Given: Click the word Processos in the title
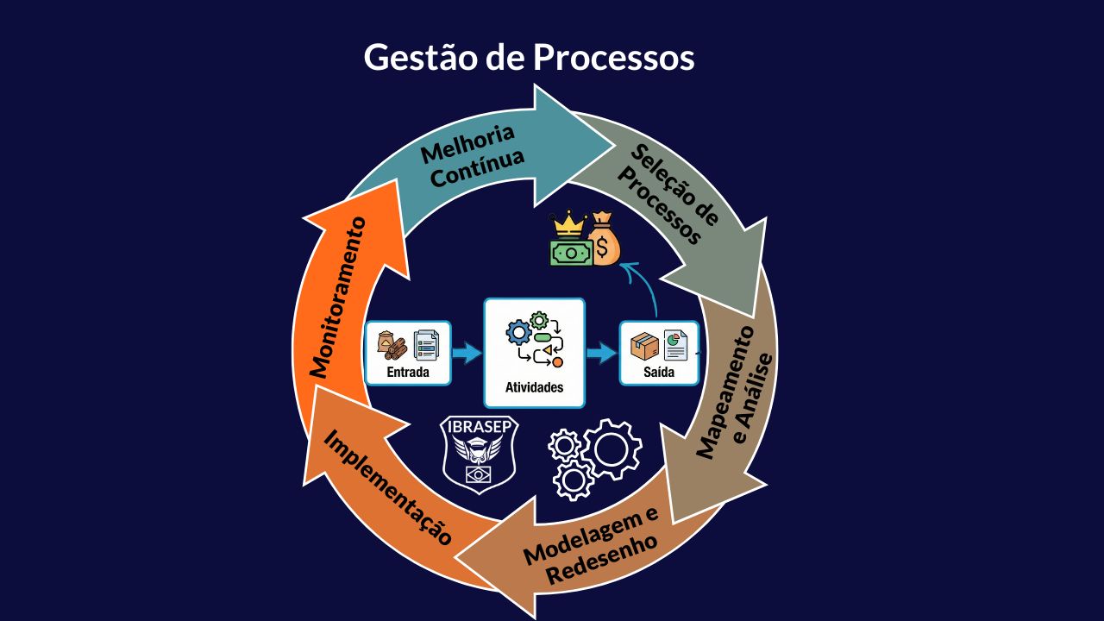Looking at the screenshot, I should tap(613, 58).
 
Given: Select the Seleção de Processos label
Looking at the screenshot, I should tap(668, 195).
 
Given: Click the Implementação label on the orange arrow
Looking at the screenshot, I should tap(387, 487).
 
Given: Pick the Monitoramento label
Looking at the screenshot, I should tap(337, 297).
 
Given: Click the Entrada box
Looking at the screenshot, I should tap(408, 353).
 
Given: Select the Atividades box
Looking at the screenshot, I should tap(534, 353).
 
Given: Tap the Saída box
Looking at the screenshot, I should tap(658, 353).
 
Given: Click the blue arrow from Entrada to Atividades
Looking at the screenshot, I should tap(467, 352).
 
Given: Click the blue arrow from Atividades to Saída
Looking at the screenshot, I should tap(602, 352).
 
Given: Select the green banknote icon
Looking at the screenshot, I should tap(571, 252).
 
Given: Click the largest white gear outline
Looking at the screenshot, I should tap(612, 448).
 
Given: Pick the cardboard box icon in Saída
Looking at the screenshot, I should tap(644, 346).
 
